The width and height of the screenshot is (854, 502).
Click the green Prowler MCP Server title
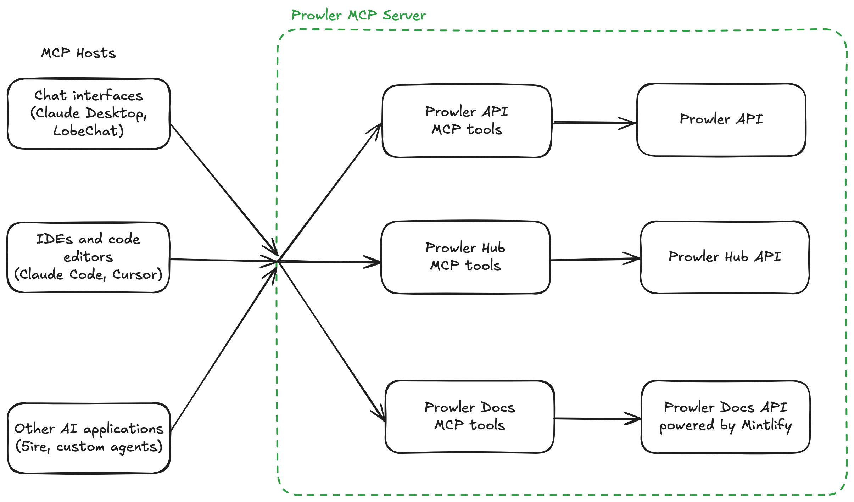click(x=358, y=16)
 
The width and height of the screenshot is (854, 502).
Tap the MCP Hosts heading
click(x=78, y=53)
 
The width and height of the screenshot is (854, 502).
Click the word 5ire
click(x=34, y=447)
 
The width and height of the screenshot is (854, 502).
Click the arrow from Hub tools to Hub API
click(x=596, y=259)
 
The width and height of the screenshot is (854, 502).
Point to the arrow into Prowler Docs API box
click(x=597, y=419)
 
